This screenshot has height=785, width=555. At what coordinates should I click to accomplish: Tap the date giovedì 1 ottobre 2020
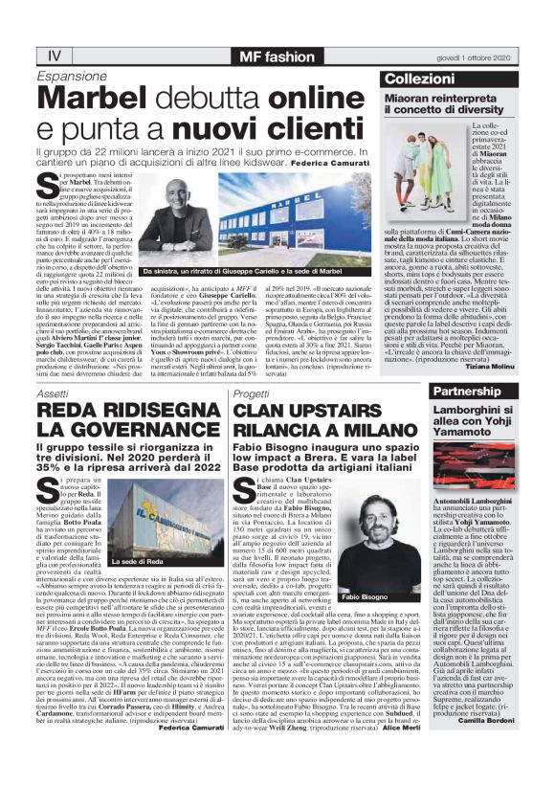[x=486, y=56]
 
